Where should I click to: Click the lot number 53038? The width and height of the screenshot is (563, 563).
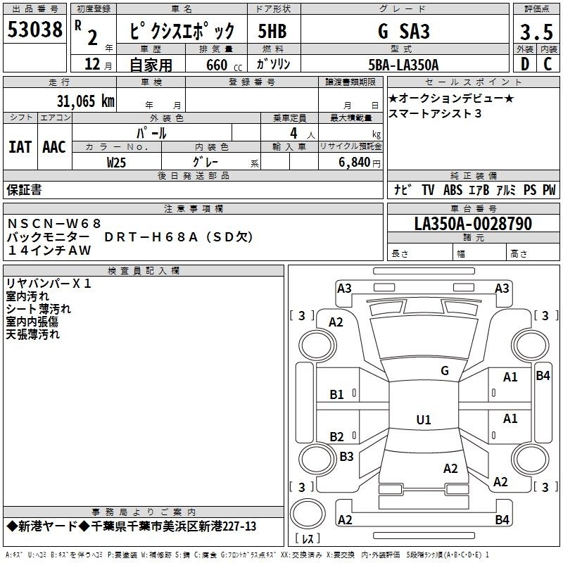pyautogui.click(x=34, y=30)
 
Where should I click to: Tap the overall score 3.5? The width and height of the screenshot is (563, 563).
pyautogui.click(x=536, y=32)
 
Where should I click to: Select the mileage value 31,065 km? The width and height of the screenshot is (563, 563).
pyautogui.click(x=85, y=101)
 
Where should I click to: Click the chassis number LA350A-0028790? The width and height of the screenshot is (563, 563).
pyautogui.click(x=473, y=224)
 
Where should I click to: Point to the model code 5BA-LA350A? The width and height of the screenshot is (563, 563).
pyautogui.click(x=403, y=65)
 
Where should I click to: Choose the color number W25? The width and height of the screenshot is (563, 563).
pyautogui.click(x=116, y=163)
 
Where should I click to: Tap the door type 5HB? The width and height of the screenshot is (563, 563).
pyautogui.click(x=272, y=31)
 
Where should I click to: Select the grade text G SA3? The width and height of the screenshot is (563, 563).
pyautogui.click(x=403, y=31)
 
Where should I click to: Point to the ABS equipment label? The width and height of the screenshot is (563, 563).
pyautogui.click(x=453, y=189)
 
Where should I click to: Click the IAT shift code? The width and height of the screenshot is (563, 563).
pyautogui.click(x=20, y=147)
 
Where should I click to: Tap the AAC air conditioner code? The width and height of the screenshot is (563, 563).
pyautogui.click(x=54, y=147)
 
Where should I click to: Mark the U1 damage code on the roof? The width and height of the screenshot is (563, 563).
pyautogui.click(x=424, y=419)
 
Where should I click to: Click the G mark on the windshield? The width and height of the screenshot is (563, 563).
pyautogui.click(x=445, y=371)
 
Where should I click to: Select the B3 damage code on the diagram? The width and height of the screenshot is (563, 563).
pyautogui.click(x=346, y=456)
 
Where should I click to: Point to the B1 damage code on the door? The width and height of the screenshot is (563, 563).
pyautogui.click(x=336, y=395)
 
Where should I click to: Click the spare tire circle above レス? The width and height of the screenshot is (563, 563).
pyautogui.click(x=308, y=514)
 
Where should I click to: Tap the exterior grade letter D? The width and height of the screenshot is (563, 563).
pyautogui.click(x=524, y=64)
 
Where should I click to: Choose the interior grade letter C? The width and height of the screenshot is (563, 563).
pyautogui.click(x=548, y=64)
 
